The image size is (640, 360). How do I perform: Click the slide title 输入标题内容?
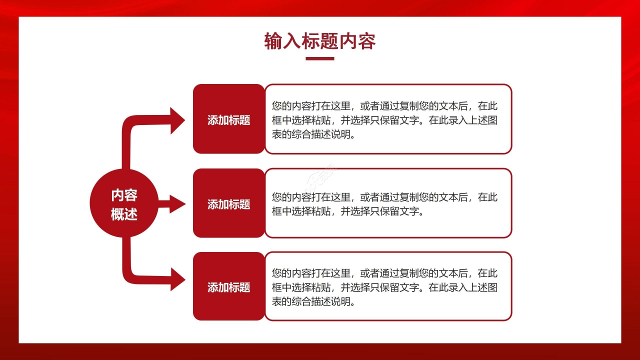pos(320,41)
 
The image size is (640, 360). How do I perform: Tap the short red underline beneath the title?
pos(320,58)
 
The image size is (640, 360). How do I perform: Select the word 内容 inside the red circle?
pos(124,195)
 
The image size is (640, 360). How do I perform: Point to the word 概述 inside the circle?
pos(124,214)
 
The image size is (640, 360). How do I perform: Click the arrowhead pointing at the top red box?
pos(177,120)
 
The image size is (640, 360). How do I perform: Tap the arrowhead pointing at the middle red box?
pos(177,203)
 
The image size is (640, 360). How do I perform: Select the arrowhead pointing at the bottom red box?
pos(177,279)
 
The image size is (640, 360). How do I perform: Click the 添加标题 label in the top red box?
pos(229,120)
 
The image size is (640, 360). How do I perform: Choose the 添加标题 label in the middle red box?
pos(229,204)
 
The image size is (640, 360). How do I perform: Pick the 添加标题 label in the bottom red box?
pos(229,287)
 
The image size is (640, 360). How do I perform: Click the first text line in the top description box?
pos(384,106)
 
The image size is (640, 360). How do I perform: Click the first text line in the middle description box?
pos(384,197)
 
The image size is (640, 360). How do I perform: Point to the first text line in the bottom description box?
pos(384,273)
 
